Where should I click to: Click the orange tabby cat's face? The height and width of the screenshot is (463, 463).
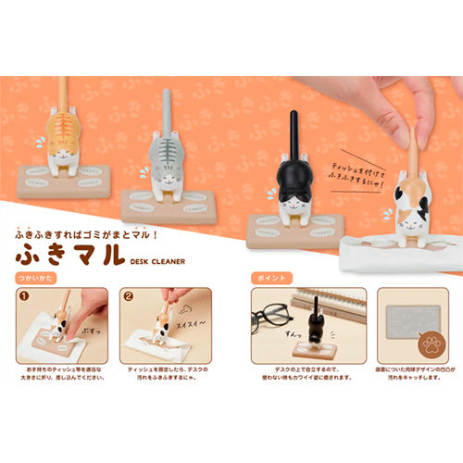[65, 157]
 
